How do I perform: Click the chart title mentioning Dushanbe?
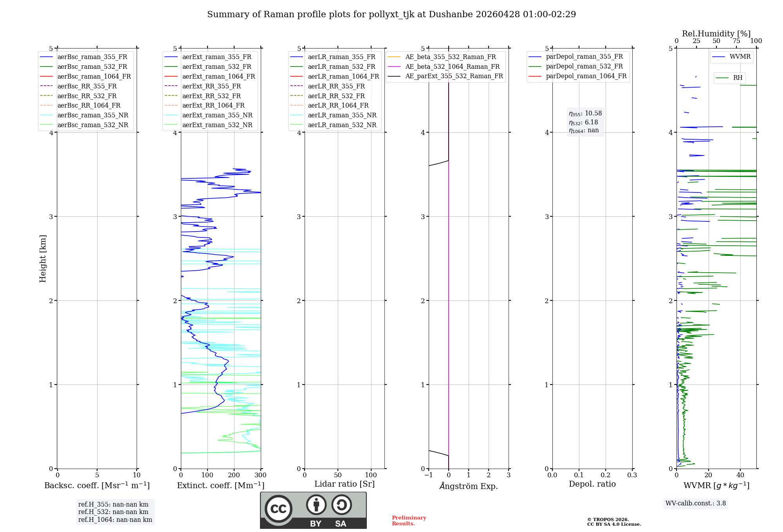coord(391,14)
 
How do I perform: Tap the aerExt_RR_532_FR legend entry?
coord(211,96)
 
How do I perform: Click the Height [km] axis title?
coord(43,259)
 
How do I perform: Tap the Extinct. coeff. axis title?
coord(221,485)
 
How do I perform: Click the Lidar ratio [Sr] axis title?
coord(345,484)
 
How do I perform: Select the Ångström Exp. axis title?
coord(469,486)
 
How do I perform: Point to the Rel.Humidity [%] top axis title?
coord(716,34)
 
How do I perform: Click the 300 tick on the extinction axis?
coord(261,475)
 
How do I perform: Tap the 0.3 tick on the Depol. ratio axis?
coord(632,475)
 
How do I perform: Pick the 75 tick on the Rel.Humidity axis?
coord(736,41)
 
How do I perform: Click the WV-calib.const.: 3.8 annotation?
coord(696,503)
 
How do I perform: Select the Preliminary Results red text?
coord(409,521)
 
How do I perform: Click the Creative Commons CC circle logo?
coord(278,509)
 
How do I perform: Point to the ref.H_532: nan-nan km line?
coord(113,512)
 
